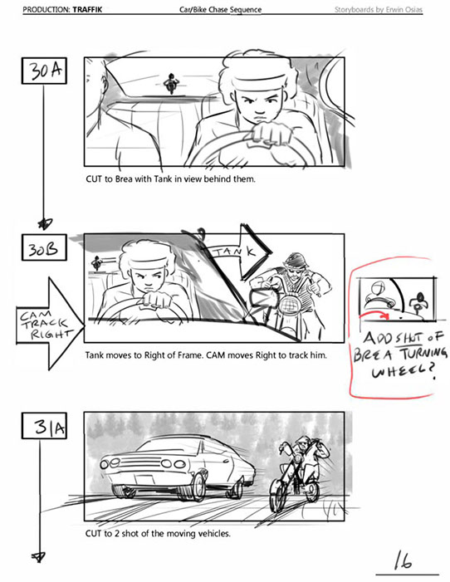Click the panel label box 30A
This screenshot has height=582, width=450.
point(44,71)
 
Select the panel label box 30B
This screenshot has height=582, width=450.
point(44,247)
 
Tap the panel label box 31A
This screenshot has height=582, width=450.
point(44,426)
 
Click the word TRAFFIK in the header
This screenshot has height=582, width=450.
point(87,10)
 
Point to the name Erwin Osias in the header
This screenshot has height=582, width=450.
point(404,10)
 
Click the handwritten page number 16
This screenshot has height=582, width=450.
point(403,561)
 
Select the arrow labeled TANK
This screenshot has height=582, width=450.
point(239,252)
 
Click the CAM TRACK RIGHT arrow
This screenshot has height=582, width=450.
point(50,324)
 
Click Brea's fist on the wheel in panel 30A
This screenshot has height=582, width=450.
point(270,133)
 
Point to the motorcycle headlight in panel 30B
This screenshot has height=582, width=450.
point(289,306)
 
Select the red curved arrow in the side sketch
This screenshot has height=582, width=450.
point(374,315)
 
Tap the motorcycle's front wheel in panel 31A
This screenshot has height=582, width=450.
point(277,493)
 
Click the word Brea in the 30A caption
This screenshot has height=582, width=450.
point(124,179)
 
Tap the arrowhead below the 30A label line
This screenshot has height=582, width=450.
point(46,223)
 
